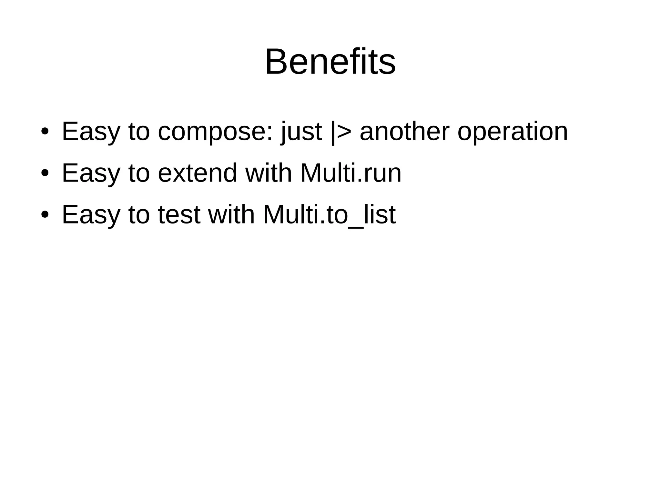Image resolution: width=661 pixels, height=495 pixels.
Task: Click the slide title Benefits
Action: tap(330, 62)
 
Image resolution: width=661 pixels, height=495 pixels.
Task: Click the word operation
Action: tap(513, 132)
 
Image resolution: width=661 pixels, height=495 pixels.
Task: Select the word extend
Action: tap(198, 173)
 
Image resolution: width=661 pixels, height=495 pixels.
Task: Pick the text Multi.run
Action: tap(351, 173)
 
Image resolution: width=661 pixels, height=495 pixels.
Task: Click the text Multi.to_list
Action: tap(329, 215)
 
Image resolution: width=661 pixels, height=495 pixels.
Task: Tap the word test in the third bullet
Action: tap(179, 215)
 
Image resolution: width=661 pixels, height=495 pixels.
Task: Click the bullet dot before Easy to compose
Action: tap(45, 132)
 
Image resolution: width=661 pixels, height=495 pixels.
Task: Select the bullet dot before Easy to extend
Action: tap(45, 173)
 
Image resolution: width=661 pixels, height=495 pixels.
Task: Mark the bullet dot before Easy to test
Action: tap(45, 215)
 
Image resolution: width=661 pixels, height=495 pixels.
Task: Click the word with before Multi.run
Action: tap(269, 173)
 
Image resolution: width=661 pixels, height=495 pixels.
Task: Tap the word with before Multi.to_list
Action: tap(231, 215)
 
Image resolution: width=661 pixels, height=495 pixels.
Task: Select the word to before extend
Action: tap(139, 173)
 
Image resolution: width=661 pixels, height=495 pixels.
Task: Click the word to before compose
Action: tap(139, 132)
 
